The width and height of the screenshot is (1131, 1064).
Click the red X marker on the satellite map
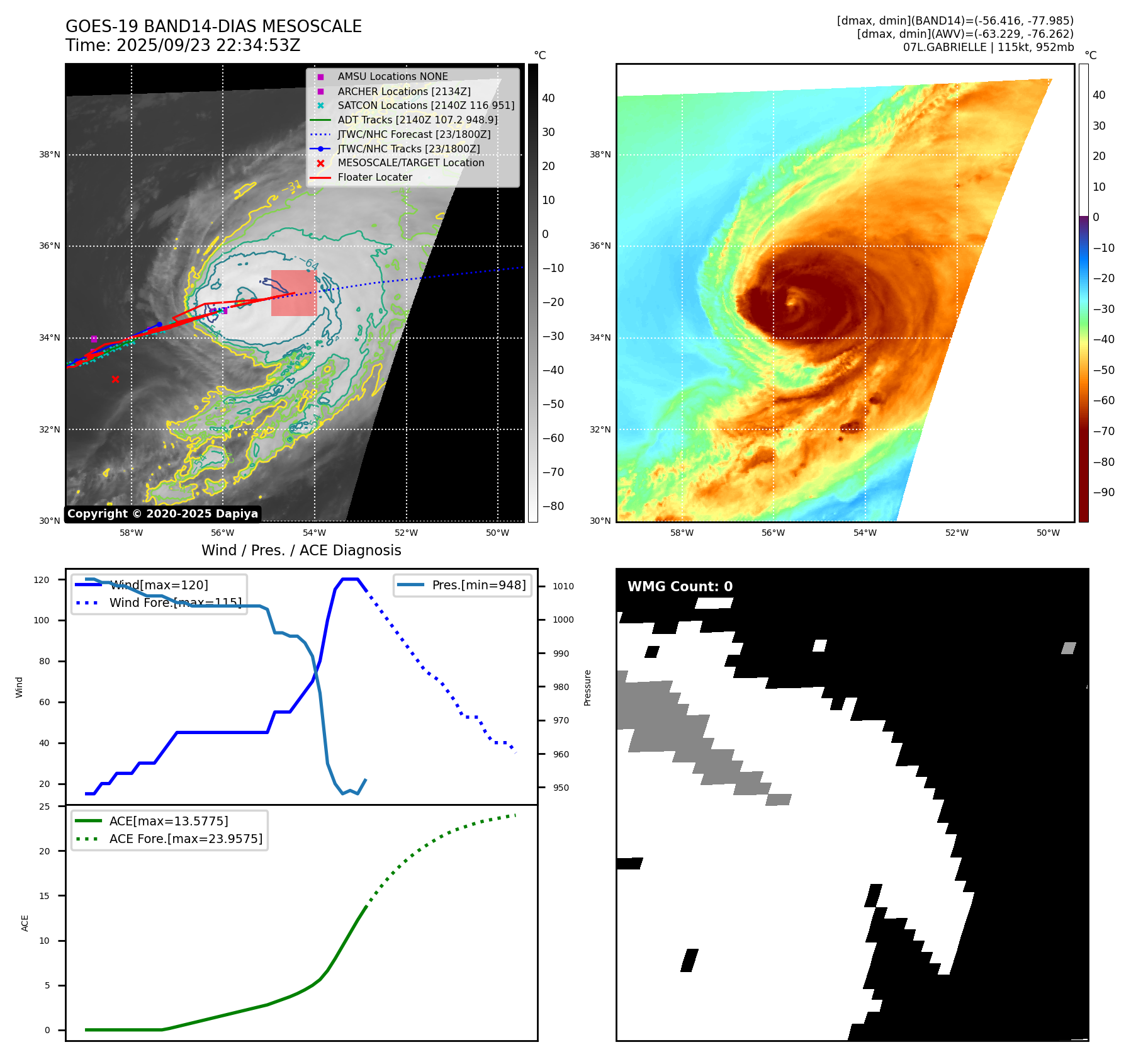click(x=115, y=379)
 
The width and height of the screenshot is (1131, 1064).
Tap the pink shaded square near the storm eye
click(x=293, y=293)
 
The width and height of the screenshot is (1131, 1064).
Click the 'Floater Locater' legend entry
click(x=374, y=177)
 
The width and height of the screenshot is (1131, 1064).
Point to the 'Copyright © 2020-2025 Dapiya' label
click(x=162, y=514)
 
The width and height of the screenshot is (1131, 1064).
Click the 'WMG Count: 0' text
click(x=680, y=586)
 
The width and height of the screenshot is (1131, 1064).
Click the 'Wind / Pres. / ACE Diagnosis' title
click(x=301, y=550)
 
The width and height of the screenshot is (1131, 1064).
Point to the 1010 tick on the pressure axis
click(x=563, y=586)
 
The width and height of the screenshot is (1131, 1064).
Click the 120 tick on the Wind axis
click(x=42, y=580)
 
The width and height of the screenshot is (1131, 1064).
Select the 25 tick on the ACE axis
click(x=44, y=806)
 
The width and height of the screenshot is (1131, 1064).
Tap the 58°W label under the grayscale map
click(x=131, y=533)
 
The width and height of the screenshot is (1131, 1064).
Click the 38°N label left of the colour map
click(x=600, y=154)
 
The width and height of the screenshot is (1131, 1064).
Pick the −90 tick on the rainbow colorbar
click(x=1103, y=492)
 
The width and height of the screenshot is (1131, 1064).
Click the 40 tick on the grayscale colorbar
click(x=548, y=98)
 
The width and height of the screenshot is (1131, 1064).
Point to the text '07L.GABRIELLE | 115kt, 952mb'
click(x=988, y=47)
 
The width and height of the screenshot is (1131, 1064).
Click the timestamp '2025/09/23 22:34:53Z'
click(x=208, y=45)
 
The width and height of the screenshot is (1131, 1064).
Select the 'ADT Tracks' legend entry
click(x=417, y=120)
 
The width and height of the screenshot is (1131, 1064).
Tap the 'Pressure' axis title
click(x=587, y=688)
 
